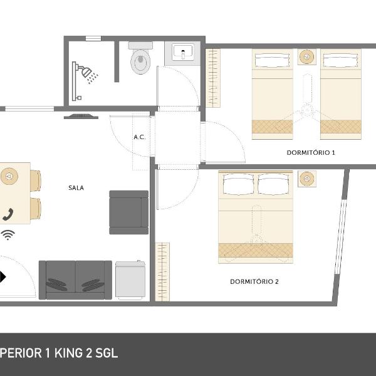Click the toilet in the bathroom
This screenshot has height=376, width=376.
pyautogui.click(x=141, y=58)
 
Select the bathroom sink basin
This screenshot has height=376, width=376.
pyautogui.click(x=183, y=53)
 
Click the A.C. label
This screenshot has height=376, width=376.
pyautogui.click(x=140, y=137)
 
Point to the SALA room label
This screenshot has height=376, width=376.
pyautogui.click(x=76, y=188)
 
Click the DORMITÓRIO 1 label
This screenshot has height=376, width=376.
pyautogui.click(x=311, y=152)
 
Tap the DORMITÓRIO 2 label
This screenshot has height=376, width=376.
pyautogui.click(x=254, y=281)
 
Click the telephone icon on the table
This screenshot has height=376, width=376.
pyautogui.click(x=8, y=214)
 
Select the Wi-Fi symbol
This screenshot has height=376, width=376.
pyautogui.click(x=8, y=235)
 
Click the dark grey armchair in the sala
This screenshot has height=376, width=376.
pyautogui.click(x=128, y=212)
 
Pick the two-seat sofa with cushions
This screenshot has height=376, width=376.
pyautogui.click(x=75, y=280)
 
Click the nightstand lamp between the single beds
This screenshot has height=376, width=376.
pyautogui.click(x=307, y=57)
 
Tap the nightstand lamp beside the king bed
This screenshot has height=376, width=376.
pyautogui.click(x=307, y=179)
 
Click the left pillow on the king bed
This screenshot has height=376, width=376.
pyautogui.click(x=238, y=184)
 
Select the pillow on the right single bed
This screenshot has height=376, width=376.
pyautogui.click(x=340, y=60)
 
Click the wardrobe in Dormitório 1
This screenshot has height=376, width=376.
pyautogui.click(x=213, y=78)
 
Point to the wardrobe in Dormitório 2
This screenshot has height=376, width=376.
pyautogui.click(x=162, y=272)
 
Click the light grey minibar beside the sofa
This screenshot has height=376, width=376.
pyautogui.click(x=130, y=280)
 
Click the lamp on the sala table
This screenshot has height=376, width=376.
pyautogui.click(x=9, y=176)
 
